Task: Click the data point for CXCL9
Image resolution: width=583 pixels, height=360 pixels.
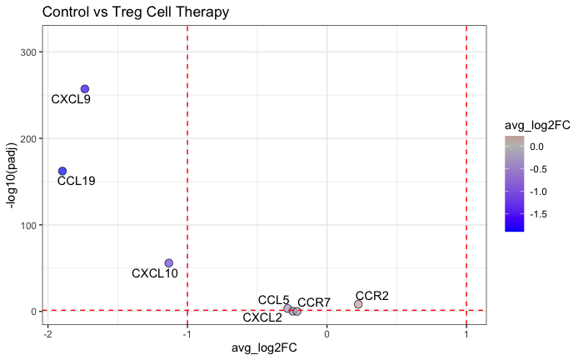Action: pos(84,89)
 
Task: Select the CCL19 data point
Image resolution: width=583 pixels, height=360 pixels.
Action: pos(62,171)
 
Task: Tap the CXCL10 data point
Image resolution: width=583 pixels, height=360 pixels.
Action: pos(169,263)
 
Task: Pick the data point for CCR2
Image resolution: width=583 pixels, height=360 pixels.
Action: pos(358,304)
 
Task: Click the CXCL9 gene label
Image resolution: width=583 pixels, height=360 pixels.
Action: pos(71,99)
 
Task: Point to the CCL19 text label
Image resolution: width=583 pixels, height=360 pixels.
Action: pos(76,181)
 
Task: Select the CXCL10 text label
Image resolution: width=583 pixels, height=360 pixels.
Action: pos(155,273)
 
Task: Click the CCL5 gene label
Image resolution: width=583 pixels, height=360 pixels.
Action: pos(273,300)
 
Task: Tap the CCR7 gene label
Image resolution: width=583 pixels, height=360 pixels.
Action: pos(314,302)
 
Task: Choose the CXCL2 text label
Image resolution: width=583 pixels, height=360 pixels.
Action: pos(262,317)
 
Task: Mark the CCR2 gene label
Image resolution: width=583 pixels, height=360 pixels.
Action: pos(371,296)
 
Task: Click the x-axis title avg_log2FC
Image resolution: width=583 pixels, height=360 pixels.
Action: pos(264,347)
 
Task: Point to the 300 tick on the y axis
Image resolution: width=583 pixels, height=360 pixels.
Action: pos(27,52)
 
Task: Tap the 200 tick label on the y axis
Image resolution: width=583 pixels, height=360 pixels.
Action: pos(27,138)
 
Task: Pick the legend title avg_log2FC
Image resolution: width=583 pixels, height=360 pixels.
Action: pos(537,125)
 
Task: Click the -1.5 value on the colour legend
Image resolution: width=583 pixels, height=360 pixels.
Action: pos(538,213)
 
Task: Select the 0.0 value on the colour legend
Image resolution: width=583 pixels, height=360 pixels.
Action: pos(536,146)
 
